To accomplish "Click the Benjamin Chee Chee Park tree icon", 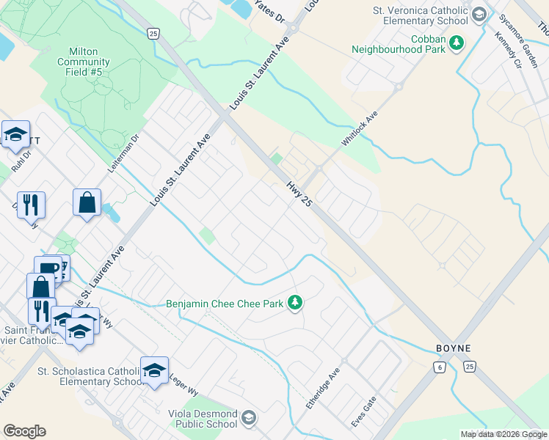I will [x=295, y=302].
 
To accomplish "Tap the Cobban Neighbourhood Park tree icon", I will [x=457, y=43].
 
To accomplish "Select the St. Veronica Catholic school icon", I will [x=479, y=15].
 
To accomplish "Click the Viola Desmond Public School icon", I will [x=248, y=418].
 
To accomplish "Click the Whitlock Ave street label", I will [x=358, y=128].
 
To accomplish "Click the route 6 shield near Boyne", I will [x=439, y=367].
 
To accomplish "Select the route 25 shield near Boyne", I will [x=470, y=367].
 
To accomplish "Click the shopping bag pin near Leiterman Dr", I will [x=87, y=202].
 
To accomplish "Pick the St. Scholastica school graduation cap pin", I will [x=155, y=370].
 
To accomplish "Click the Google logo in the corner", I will [x=24, y=431].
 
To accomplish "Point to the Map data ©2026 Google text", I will [x=503, y=434].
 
